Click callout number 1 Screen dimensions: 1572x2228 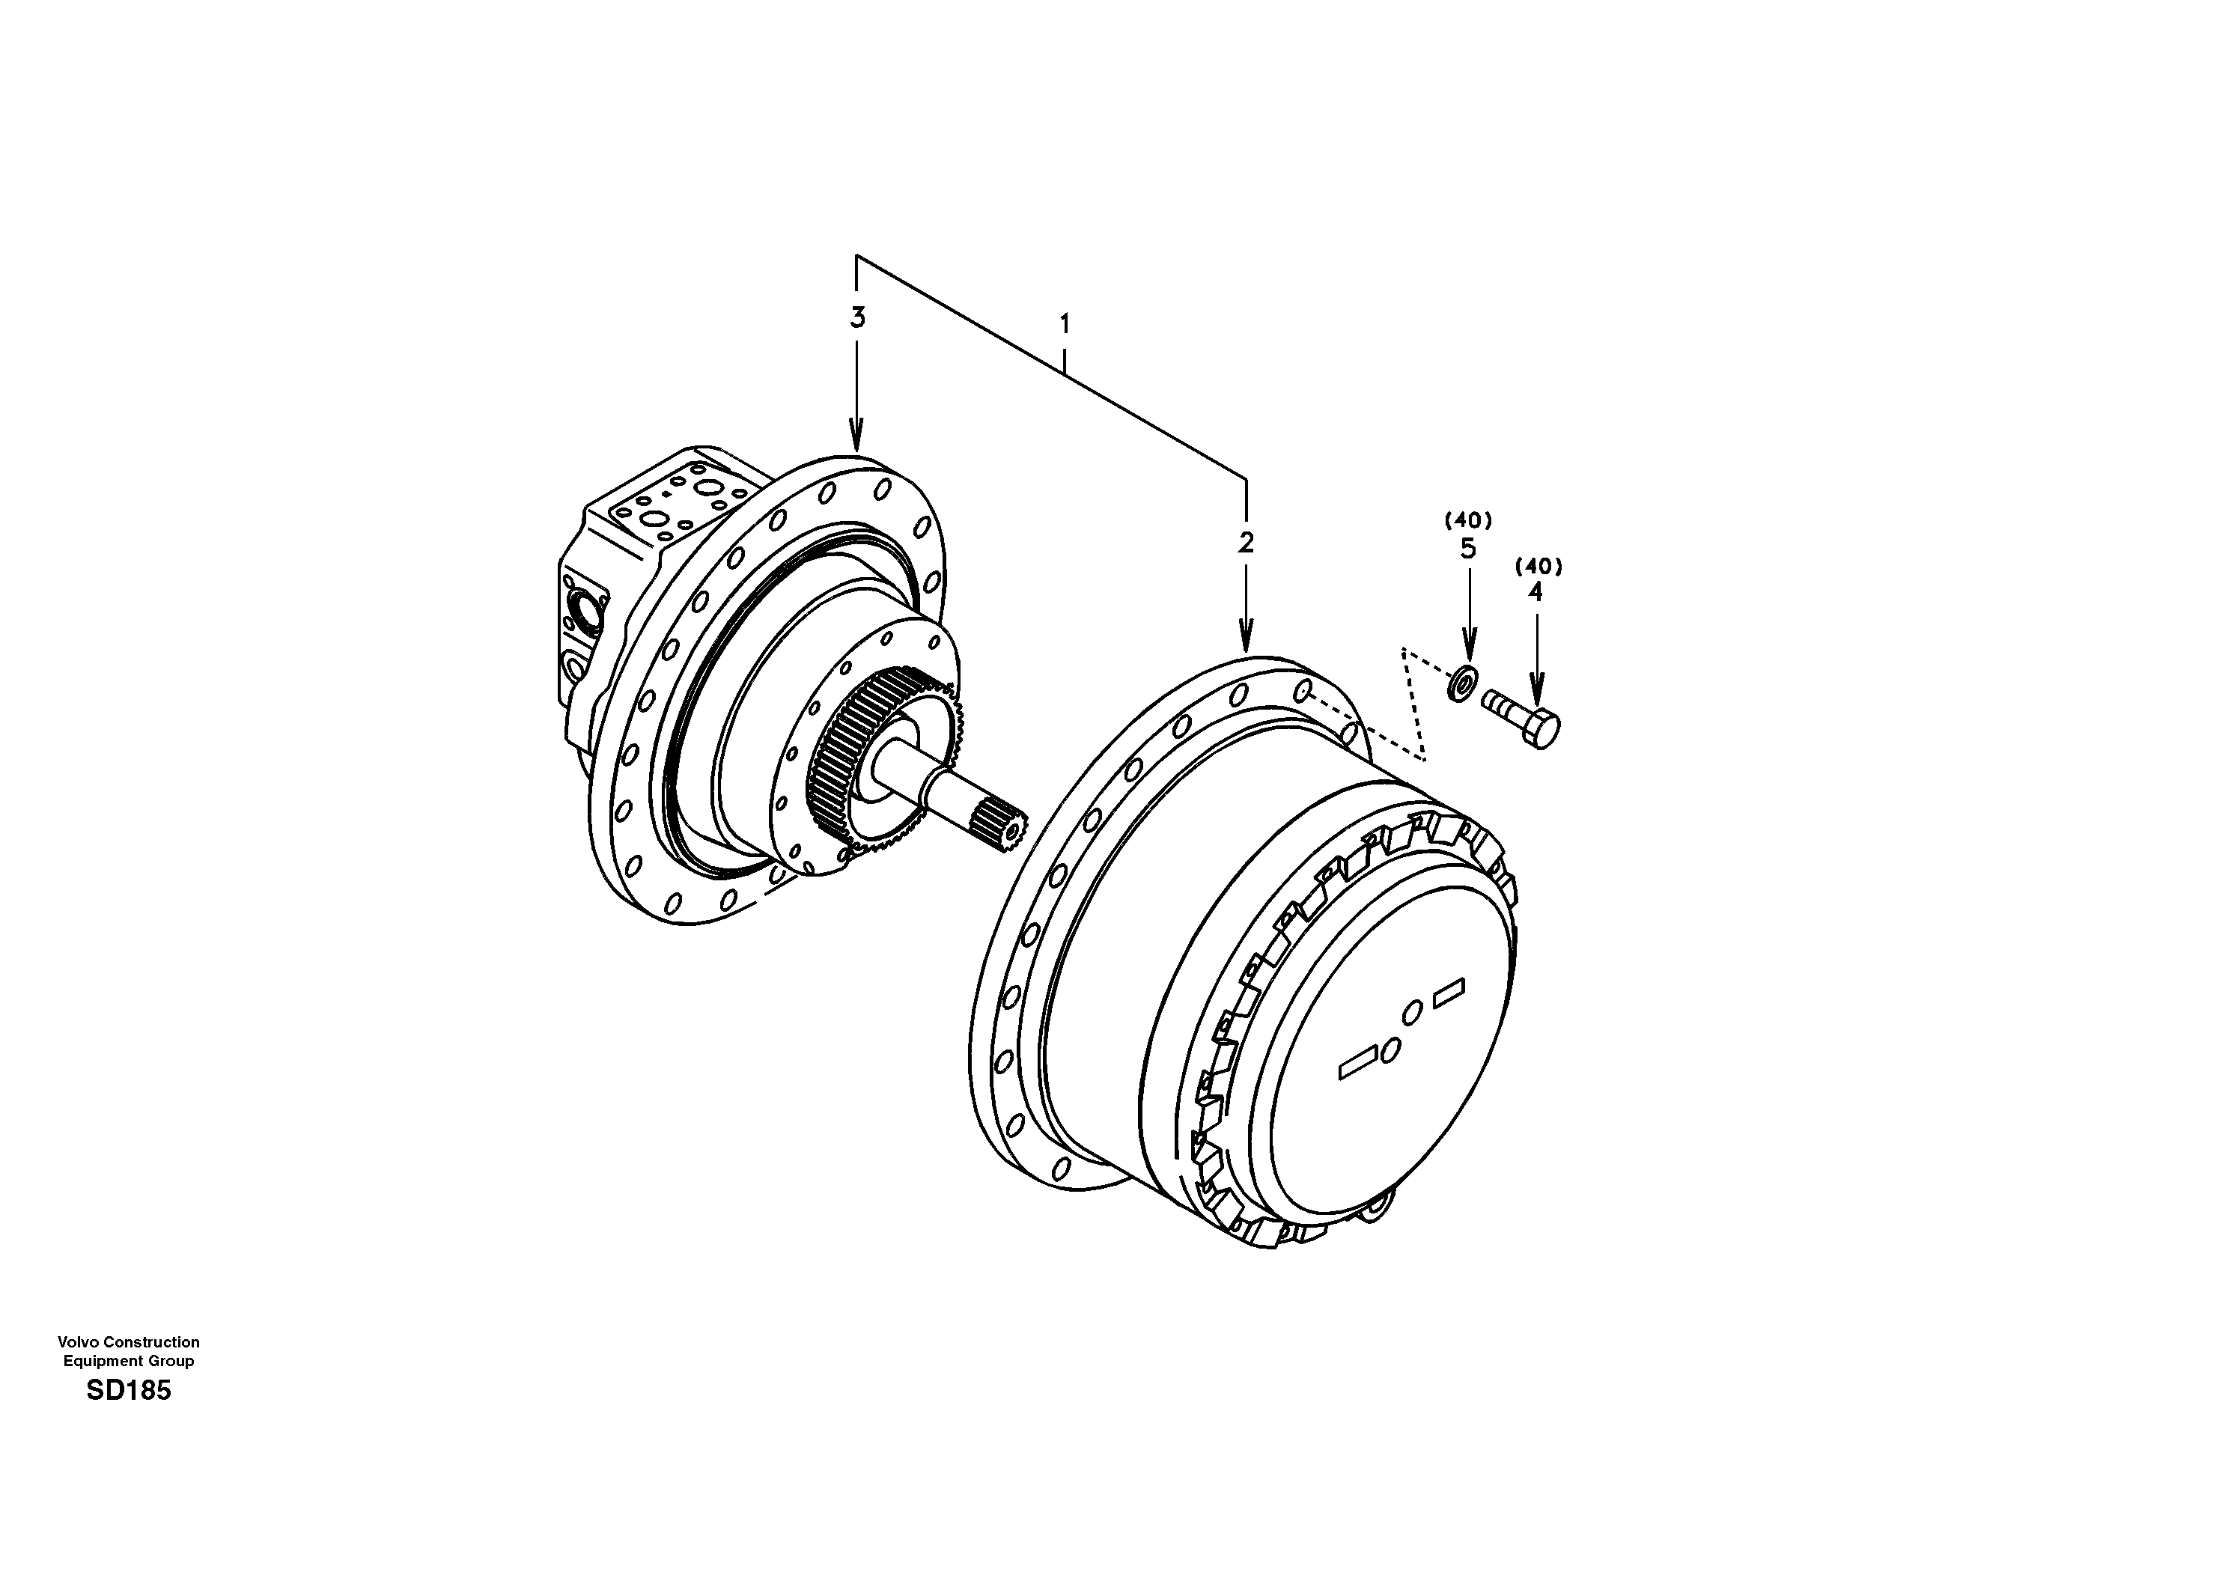[1065, 323]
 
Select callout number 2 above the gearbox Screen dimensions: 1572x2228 [1246, 543]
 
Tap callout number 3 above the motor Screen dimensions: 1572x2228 [857, 317]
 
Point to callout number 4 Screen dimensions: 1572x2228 [1534, 592]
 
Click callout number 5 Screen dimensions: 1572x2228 [1468, 549]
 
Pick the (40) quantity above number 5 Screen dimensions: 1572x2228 [1468, 520]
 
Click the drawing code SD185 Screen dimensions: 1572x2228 [128, 1391]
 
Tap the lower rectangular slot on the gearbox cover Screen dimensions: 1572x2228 [1360, 1061]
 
